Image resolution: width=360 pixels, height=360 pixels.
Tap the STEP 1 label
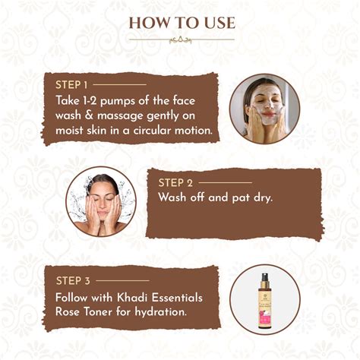tap(71, 84)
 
